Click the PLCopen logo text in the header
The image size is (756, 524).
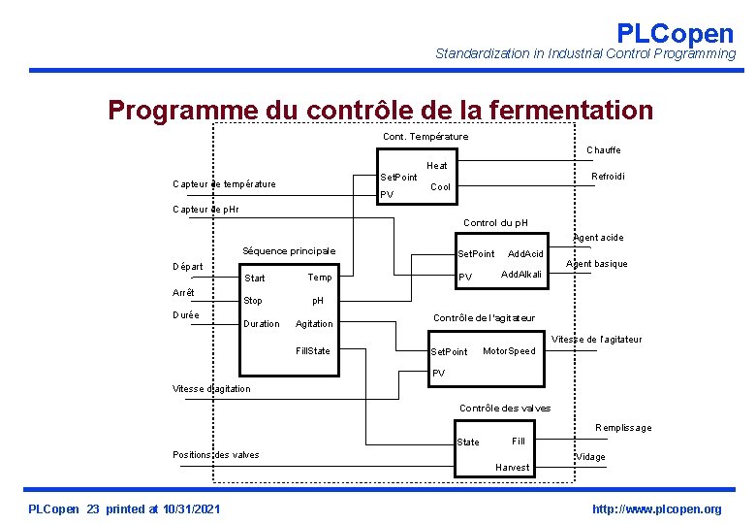pyautogui.click(x=675, y=33)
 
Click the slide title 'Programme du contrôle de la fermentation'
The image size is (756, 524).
pyautogui.click(x=380, y=110)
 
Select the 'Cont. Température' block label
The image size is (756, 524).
pyautogui.click(x=425, y=137)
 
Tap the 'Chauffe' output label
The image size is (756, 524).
pyautogui.click(x=603, y=150)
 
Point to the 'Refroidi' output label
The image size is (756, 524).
pyautogui.click(x=608, y=176)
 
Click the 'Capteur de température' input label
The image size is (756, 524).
pyautogui.click(x=224, y=184)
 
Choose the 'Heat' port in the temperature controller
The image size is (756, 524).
pyautogui.click(x=436, y=166)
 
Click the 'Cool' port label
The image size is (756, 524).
pyautogui.click(x=440, y=187)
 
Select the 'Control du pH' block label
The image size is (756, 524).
pyautogui.click(x=495, y=223)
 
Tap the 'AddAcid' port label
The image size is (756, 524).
pyautogui.click(x=526, y=254)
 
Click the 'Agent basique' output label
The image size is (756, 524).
pyautogui.click(x=596, y=264)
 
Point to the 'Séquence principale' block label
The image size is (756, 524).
pyautogui.click(x=288, y=251)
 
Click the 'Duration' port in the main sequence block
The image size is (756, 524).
pyautogui.click(x=262, y=324)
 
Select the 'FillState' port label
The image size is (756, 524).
pyautogui.click(x=312, y=350)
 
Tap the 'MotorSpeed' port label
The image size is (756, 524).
pyautogui.click(x=509, y=351)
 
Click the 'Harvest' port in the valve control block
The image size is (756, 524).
pyautogui.click(x=512, y=468)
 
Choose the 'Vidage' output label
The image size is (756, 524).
pyautogui.click(x=590, y=457)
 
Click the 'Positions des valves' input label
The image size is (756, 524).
pyautogui.click(x=215, y=454)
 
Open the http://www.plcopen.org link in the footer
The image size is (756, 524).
pyautogui.click(x=657, y=509)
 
